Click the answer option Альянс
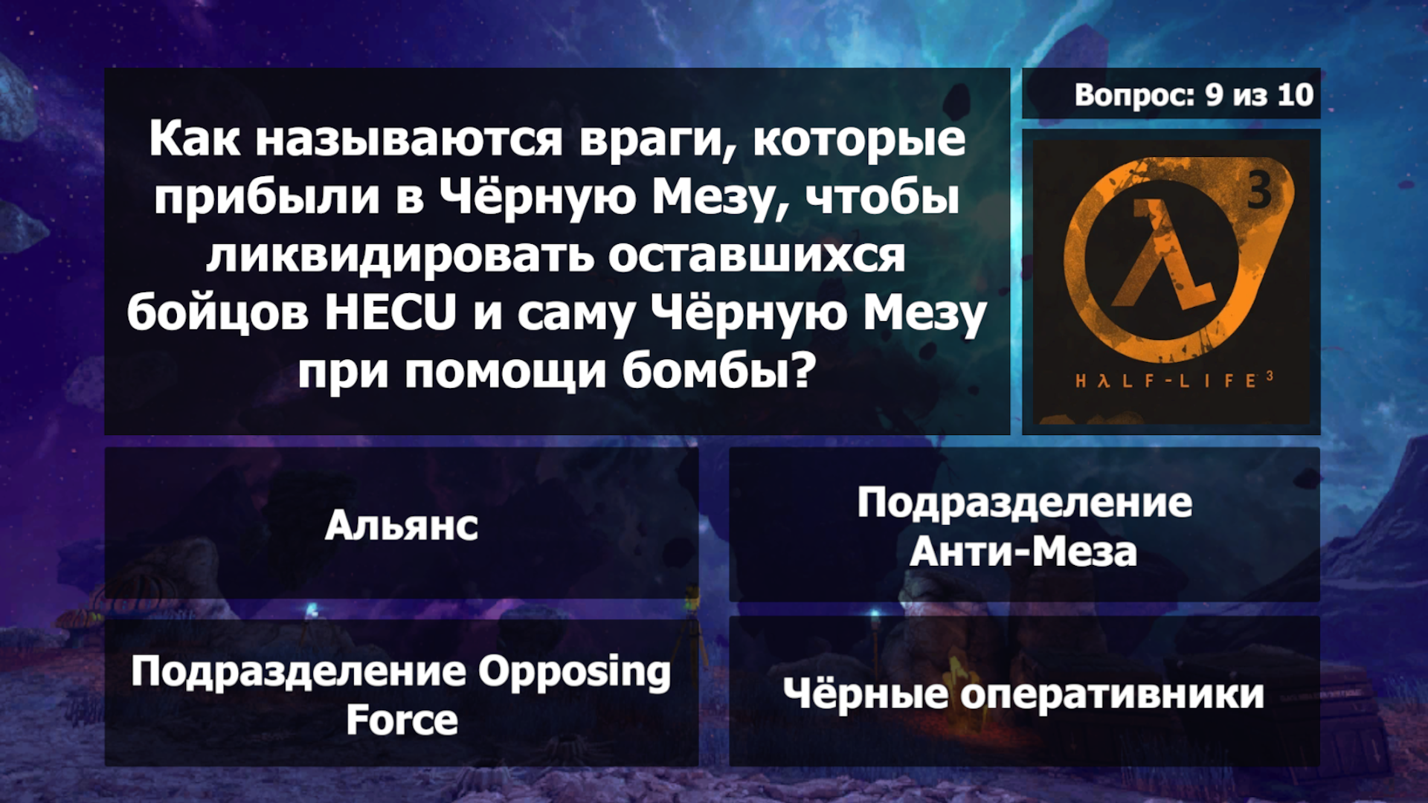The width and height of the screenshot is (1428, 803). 402,525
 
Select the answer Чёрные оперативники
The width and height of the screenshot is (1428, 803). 1023,693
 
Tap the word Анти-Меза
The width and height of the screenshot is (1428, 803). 1023,552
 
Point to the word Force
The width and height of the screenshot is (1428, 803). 402,720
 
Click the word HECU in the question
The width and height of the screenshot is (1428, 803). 390,312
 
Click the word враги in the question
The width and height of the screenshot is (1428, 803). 657,140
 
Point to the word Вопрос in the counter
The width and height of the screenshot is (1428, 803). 1135,95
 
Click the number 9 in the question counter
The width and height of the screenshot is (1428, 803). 1215,94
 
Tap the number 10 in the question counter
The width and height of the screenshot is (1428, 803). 1296,94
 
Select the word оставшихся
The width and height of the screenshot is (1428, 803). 757,256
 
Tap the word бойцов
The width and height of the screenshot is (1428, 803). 217,314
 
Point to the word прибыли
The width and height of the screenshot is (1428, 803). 266,198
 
